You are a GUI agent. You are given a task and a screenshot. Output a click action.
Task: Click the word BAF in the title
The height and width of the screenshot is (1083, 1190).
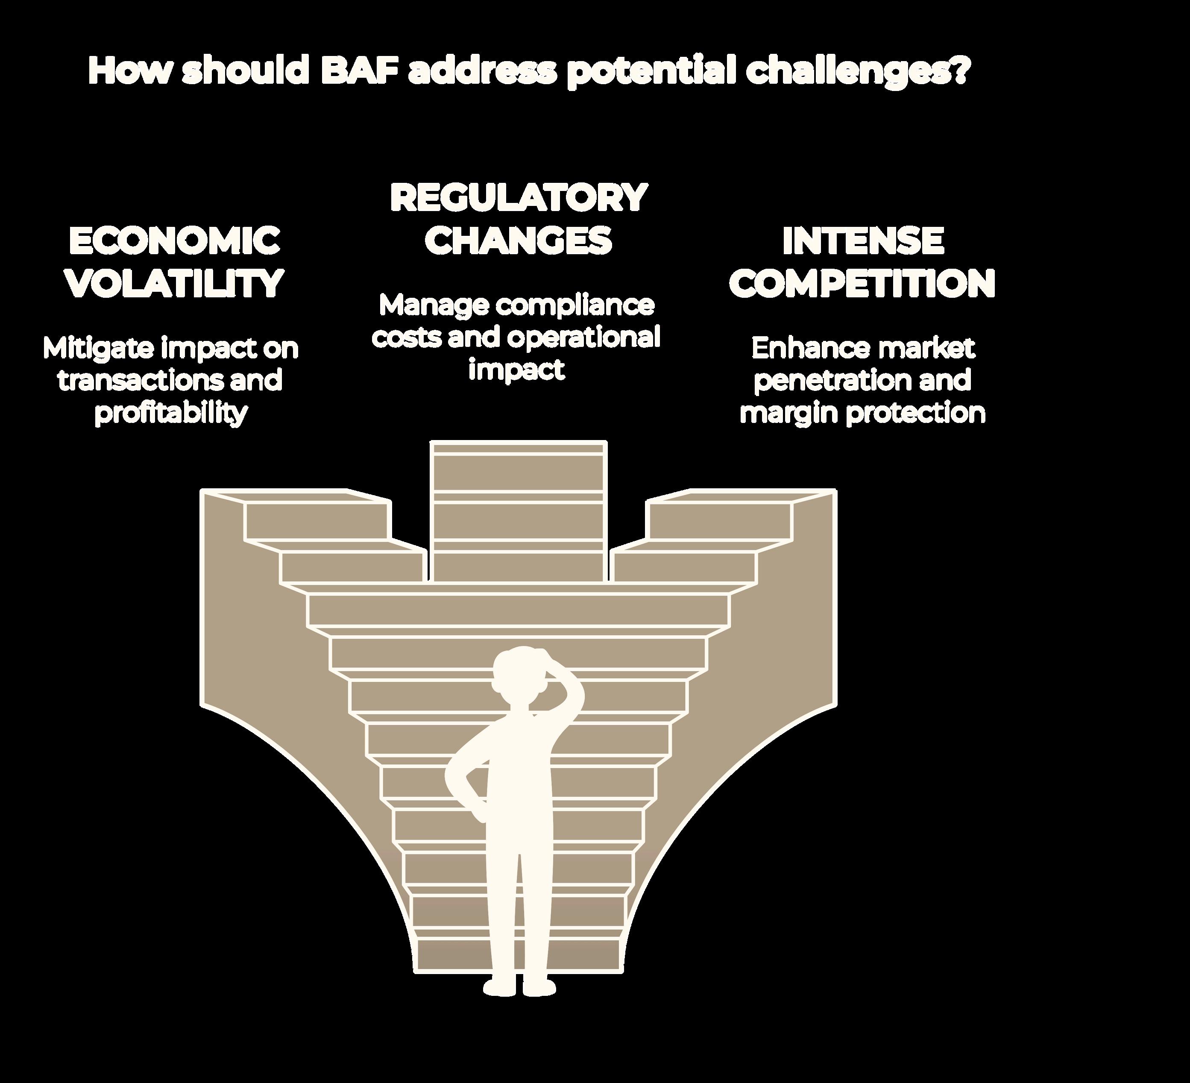[358, 71]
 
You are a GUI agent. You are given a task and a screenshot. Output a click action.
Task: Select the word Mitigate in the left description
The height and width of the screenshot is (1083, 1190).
[97, 349]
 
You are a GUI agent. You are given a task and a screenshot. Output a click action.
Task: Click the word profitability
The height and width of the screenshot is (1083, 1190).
[170, 413]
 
